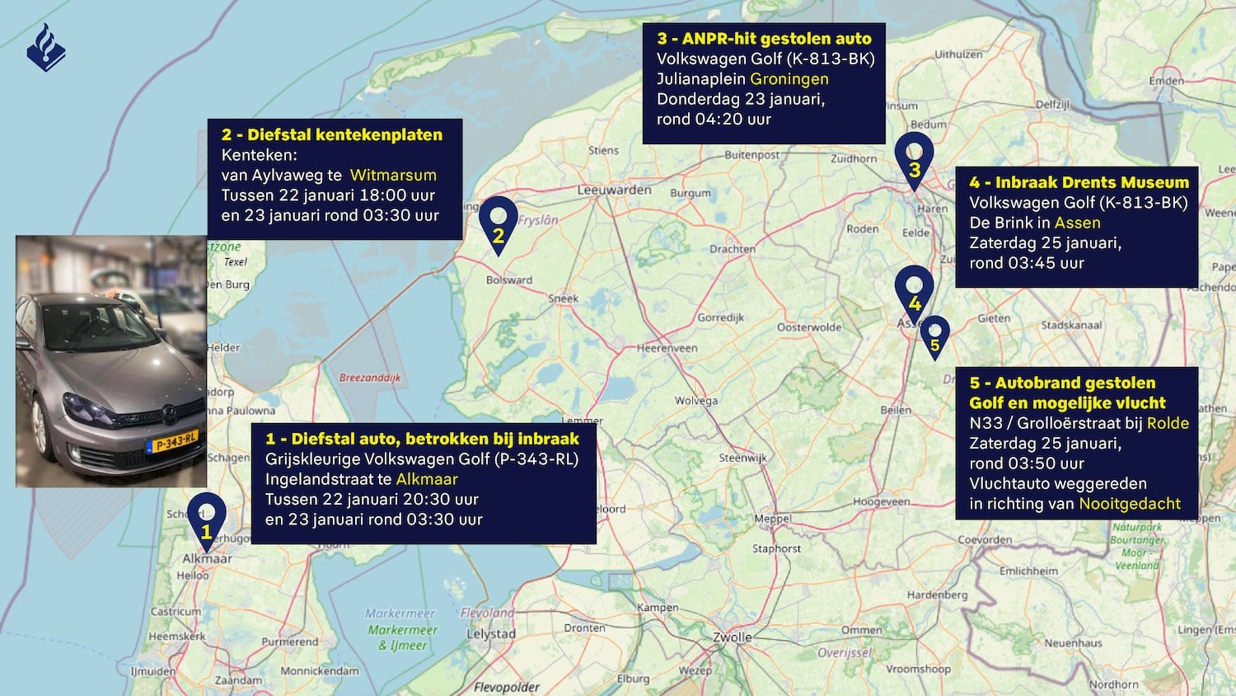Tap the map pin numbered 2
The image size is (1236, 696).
click(498, 223)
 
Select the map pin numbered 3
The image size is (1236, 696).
click(914, 158)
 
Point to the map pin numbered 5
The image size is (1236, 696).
click(934, 336)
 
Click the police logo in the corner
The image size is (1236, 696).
click(46, 48)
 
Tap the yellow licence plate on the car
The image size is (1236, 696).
click(171, 443)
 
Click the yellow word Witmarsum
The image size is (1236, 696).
click(393, 175)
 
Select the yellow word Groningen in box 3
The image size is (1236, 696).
click(789, 79)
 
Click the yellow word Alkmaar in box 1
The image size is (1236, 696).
click(427, 479)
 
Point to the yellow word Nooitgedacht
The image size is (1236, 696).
click(1130, 504)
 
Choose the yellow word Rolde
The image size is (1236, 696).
click(1168, 423)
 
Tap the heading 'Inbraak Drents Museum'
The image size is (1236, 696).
click(1092, 182)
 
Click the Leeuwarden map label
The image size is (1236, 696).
click(614, 190)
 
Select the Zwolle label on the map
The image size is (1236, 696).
click(732, 637)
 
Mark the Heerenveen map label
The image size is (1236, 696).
click(667, 348)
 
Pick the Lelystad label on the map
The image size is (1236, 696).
click(491, 634)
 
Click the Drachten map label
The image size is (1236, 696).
click(732, 249)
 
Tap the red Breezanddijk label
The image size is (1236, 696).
click(370, 378)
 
